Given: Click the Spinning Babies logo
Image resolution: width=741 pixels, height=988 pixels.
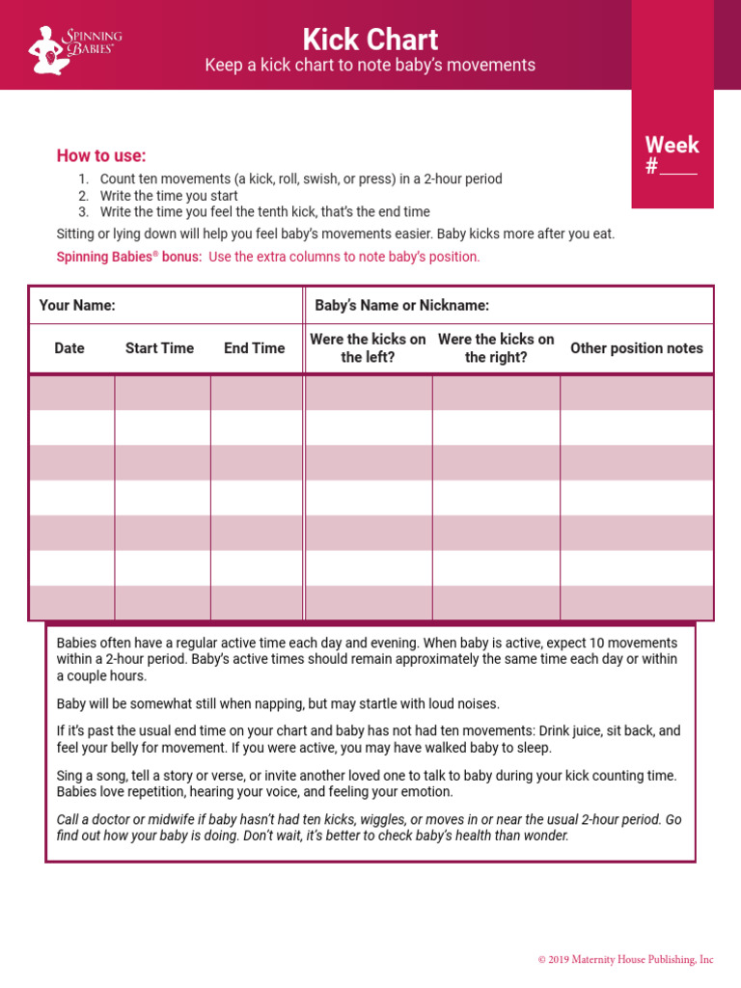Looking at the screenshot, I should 76,48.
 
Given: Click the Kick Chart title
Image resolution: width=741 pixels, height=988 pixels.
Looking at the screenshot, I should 370,40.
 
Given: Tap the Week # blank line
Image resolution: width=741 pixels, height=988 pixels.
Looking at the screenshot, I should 678,168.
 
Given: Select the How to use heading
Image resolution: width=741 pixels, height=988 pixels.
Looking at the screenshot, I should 101,156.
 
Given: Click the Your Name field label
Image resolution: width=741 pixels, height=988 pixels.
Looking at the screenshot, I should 77,305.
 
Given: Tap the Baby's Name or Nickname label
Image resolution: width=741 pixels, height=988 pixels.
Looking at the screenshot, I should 401,305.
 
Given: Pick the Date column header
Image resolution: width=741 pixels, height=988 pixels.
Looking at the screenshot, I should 69,348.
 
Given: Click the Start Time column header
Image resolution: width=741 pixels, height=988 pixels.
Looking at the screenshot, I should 159,348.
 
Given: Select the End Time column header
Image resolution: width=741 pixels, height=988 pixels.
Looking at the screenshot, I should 255,348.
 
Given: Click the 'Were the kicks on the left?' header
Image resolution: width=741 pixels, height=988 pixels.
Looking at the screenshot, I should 368,348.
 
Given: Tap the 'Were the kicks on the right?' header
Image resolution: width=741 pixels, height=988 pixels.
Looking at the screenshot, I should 496,348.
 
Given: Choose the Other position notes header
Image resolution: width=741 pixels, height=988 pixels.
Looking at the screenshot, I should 637,348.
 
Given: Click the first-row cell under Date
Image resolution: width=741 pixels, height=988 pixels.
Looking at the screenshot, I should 71,393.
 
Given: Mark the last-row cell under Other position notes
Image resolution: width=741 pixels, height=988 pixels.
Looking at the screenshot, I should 637,603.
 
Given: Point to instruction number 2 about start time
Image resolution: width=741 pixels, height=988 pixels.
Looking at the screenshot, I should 168,196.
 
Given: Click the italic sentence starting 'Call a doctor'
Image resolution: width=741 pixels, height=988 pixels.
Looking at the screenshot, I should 369,827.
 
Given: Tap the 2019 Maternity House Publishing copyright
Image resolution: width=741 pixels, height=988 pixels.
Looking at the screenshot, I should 625,959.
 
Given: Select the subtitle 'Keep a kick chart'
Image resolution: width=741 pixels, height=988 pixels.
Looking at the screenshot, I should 370,66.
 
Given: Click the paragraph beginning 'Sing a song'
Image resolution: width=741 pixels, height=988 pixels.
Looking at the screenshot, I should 367,783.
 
